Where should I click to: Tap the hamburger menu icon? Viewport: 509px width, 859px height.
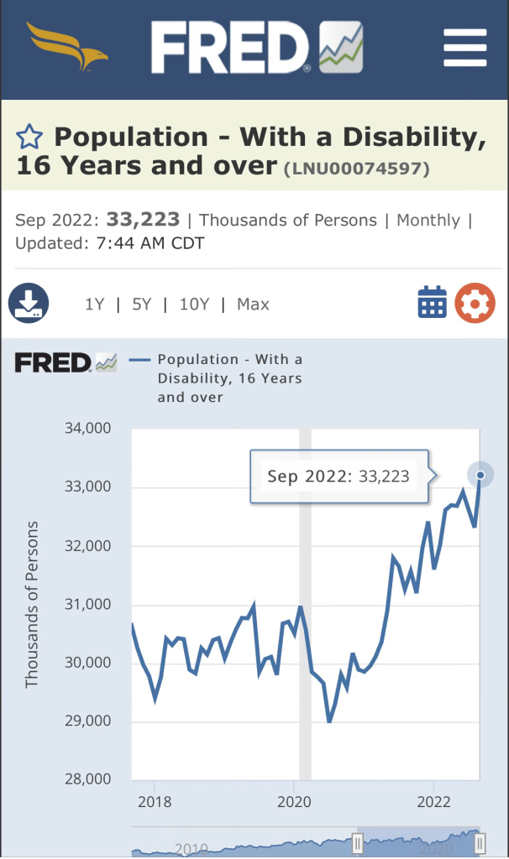pyautogui.click(x=464, y=48)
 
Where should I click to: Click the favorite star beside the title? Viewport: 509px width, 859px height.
pyautogui.click(x=29, y=137)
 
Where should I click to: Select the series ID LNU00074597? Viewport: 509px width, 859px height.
pyautogui.click(x=357, y=169)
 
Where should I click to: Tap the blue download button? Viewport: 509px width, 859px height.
pyautogui.click(x=29, y=303)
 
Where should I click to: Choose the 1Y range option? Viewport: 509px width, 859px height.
pyautogui.click(x=94, y=305)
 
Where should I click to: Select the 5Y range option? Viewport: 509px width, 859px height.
pyautogui.click(x=141, y=305)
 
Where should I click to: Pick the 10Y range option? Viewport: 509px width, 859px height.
pyautogui.click(x=194, y=305)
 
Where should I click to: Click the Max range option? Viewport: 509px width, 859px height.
pyautogui.click(x=253, y=305)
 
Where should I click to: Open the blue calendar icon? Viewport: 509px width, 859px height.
pyautogui.click(x=433, y=303)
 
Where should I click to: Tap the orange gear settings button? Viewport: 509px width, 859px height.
pyautogui.click(x=475, y=303)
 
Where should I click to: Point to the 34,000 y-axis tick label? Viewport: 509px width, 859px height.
pyautogui.click(x=87, y=429)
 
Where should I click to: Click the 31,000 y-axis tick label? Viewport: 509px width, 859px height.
pyautogui.click(x=87, y=604)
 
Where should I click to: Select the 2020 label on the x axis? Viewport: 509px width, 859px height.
pyautogui.click(x=295, y=802)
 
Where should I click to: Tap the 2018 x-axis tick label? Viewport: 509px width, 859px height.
pyautogui.click(x=155, y=802)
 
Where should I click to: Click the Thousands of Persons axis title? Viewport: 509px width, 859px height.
pyautogui.click(x=33, y=604)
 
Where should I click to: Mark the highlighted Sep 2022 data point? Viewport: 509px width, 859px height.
pyautogui.click(x=480, y=475)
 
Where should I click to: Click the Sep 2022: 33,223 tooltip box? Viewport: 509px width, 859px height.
pyautogui.click(x=338, y=476)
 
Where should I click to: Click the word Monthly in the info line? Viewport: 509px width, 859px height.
pyautogui.click(x=428, y=221)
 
